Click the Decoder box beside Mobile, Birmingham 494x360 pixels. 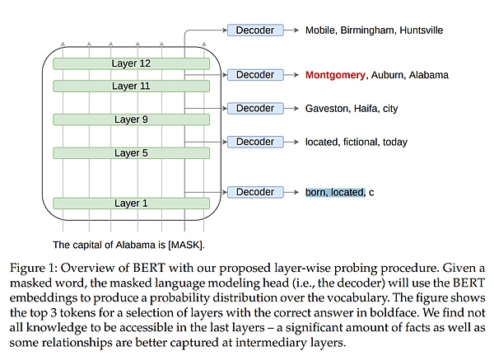click(x=254, y=30)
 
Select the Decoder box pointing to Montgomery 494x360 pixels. click(x=254, y=75)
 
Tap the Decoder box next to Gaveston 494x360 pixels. click(x=254, y=108)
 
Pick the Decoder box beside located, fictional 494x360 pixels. click(x=254, y=142)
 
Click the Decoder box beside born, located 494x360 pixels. click(x=254, y=192)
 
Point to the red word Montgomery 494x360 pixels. click(x=335, y=75)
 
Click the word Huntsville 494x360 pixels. click(x=419, y=30)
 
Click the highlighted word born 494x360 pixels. click(x=316, y=192)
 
